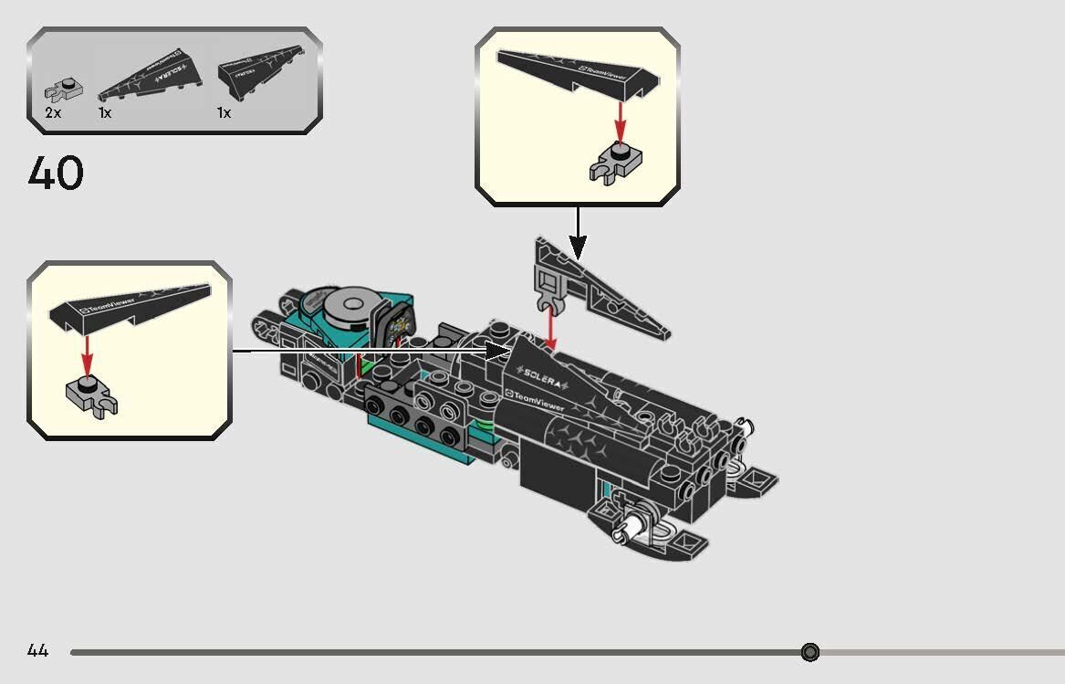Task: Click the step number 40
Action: coord(56,174)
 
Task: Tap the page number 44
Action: coord(37,651)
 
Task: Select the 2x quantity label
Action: coord(53,113)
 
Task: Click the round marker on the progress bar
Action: coord(809,652)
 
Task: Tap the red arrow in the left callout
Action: coord(87,353)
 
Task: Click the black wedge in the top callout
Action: coord(575,72)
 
